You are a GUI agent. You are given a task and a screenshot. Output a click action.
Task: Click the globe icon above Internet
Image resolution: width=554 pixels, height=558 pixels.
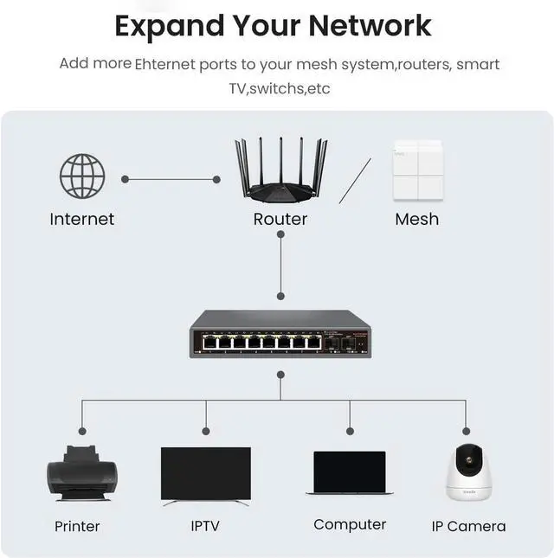click(82, 176)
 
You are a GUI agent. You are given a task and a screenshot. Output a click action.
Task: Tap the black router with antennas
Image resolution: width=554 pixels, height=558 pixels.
click(281, 170)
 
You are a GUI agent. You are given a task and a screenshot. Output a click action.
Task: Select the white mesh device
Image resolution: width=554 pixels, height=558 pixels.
click(418, 170)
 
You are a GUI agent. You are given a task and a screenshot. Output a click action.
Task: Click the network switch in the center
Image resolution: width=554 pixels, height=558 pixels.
click(280, 334)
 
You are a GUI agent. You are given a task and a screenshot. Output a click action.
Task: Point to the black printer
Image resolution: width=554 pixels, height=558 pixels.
click(82, 473)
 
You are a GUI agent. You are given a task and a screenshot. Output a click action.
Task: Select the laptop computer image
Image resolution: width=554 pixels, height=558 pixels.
click(350, 473)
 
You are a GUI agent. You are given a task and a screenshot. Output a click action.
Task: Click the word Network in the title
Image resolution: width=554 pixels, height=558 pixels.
click(370, 26)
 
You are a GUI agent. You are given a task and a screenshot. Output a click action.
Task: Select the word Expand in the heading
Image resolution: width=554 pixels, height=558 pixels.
click(170, 27)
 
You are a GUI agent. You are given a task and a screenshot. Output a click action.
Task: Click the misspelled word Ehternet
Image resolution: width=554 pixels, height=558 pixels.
click(164, 64)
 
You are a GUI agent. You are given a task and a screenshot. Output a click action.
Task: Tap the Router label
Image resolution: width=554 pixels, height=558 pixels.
click(280, 219)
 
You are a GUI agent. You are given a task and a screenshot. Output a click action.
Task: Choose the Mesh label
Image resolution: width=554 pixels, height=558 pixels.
click(417, 219)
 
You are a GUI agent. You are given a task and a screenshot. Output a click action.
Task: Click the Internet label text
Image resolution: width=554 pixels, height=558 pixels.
click(82, 219)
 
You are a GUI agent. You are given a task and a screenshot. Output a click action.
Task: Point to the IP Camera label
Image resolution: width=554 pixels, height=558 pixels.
click(468, 526)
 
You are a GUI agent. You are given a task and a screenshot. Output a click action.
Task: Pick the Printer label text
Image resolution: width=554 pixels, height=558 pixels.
click(77, 526)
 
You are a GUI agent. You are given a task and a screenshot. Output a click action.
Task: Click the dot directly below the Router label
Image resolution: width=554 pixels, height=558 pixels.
click(280, 234)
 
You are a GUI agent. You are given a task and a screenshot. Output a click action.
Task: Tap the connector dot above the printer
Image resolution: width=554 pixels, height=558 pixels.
click(82, 432)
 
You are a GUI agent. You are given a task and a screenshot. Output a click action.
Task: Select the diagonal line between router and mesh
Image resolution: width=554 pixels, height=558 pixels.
click(355, 181)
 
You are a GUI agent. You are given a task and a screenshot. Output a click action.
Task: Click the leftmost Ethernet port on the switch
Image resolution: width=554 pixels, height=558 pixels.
click(209, 343)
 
